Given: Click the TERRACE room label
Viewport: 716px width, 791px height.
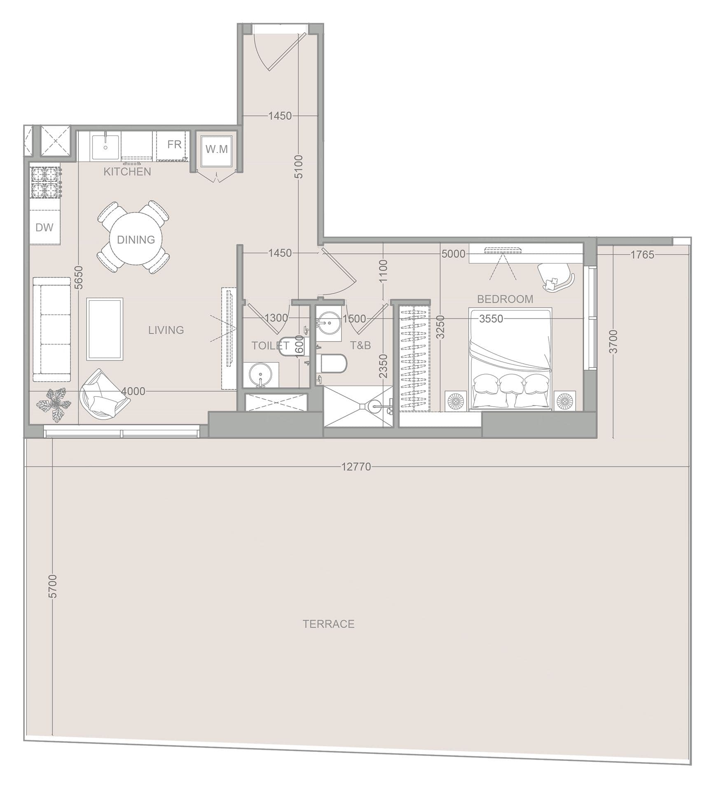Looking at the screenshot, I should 328,624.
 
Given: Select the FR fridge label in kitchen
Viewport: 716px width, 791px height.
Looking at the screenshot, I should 174,145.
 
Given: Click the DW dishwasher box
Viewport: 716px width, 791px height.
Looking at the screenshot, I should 44,227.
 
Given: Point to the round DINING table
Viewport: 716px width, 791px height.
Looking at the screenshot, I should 136,239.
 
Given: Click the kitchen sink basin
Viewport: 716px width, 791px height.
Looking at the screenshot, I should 105,147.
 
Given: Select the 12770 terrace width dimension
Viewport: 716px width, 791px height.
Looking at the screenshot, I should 356,467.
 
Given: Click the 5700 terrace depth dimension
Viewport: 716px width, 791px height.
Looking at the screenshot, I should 53,586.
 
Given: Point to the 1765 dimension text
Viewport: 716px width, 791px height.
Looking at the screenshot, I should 642,255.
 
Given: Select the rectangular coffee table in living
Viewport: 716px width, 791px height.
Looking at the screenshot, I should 105,329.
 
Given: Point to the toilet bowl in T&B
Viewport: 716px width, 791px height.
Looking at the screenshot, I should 334,363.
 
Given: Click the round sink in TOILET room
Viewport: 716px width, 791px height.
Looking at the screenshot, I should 260,375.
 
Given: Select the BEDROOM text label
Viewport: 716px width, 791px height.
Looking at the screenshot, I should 505,299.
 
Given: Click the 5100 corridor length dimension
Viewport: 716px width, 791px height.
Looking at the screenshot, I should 299,166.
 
